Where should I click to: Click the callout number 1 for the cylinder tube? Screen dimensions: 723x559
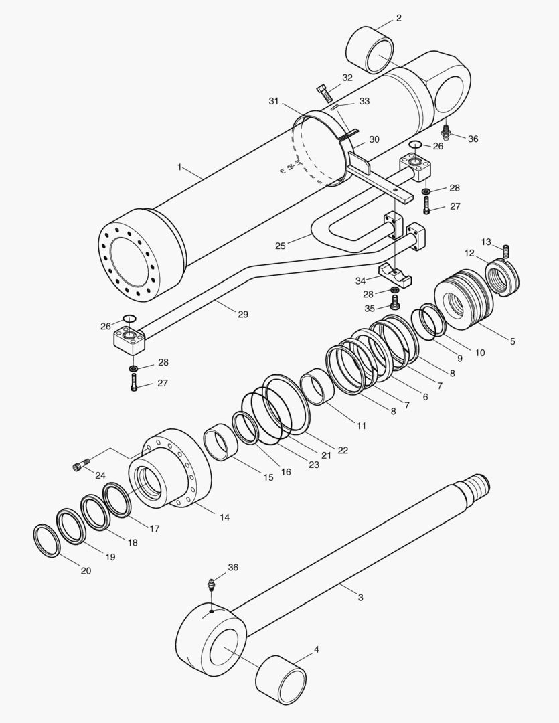[x=179, y=167]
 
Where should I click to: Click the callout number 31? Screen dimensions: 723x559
[x=274, y=101]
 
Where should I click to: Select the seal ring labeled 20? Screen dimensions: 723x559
[x=46, y=540]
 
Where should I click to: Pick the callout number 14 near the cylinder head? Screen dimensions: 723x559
[x=224, y=517]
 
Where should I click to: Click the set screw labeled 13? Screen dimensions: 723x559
[x=507, y=251]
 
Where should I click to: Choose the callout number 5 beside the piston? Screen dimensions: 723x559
[x=512, y=341]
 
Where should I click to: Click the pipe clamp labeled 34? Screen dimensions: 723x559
[x=393, y=273]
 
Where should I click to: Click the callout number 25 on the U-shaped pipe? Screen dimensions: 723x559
[x=281, y=246]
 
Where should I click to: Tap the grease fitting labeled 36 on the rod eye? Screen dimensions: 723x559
[x=212, y=585]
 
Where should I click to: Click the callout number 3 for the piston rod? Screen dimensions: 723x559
[x=360, y=597]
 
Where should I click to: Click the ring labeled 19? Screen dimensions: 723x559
[x=70, y=526]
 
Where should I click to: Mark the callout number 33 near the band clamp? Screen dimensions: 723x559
[x=364, y=101]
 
